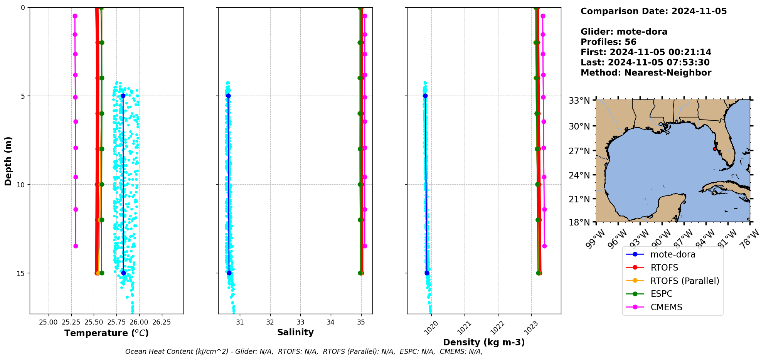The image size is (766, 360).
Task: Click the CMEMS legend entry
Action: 666,307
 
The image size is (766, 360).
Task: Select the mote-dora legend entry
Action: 673,254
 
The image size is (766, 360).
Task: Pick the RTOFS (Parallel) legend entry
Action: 685,281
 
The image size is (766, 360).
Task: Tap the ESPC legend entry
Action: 661,294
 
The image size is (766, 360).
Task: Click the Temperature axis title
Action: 106,333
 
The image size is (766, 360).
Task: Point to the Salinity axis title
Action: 295,332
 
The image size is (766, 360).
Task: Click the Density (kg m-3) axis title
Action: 484,342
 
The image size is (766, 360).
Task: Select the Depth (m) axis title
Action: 8,161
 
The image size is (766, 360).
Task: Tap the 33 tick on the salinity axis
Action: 300,322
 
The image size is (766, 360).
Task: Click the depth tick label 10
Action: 20,185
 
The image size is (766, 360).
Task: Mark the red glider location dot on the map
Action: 715,149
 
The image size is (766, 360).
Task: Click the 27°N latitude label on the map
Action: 579,151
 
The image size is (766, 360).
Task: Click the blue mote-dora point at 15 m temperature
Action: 123,273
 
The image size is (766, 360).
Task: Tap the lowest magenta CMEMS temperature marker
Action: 76,246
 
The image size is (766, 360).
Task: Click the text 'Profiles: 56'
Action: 608,42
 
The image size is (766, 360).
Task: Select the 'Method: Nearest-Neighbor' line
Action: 646,72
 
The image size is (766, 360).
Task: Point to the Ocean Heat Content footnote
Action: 304,352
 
